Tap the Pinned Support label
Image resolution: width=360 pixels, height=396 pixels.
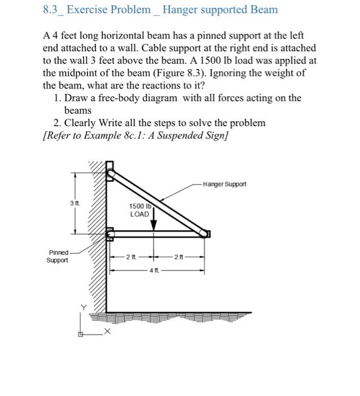58,256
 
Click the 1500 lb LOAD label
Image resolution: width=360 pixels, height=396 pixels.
140,210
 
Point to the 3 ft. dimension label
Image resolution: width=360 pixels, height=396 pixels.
75,202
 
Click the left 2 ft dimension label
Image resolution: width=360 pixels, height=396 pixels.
130,257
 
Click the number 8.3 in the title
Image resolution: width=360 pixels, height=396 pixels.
52,10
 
